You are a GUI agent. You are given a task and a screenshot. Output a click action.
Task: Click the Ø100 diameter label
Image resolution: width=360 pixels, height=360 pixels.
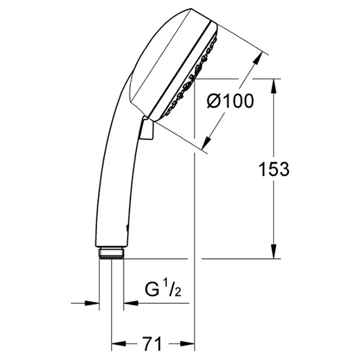[x=230, y=101]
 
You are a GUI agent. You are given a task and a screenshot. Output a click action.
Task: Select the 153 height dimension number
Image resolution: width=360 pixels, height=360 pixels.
[x=274, y=169]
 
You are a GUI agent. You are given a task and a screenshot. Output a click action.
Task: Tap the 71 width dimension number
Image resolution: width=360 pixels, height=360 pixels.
[x=152, y=344]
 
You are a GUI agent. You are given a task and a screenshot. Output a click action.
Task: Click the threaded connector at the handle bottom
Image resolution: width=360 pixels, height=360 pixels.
[x=112, y=253]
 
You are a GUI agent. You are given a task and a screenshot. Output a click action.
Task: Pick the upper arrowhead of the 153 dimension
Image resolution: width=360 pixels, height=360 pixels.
[x=274, y=86]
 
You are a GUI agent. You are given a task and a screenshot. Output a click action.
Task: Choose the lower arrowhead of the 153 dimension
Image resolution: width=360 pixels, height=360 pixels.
[x=274, y=252]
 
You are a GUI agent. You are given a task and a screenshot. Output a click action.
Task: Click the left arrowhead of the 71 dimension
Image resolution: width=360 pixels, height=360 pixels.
[x=119, y=344]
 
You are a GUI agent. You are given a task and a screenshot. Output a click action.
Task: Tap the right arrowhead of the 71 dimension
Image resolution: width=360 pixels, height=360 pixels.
[x=187, y=344]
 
